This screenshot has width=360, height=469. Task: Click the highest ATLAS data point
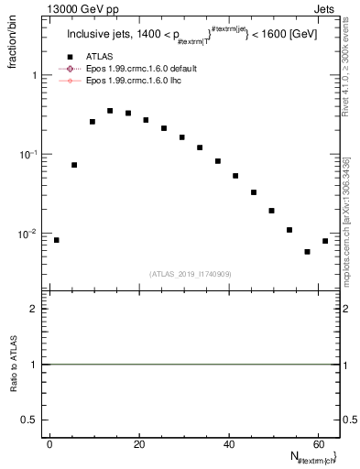pos(110,111)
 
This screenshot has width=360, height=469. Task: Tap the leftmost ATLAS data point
pos(57,240)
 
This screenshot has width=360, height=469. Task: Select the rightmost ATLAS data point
pos(325,241)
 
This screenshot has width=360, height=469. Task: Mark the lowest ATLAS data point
pos(307,252)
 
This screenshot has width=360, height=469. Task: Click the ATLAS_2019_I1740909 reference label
pos(191,274)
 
